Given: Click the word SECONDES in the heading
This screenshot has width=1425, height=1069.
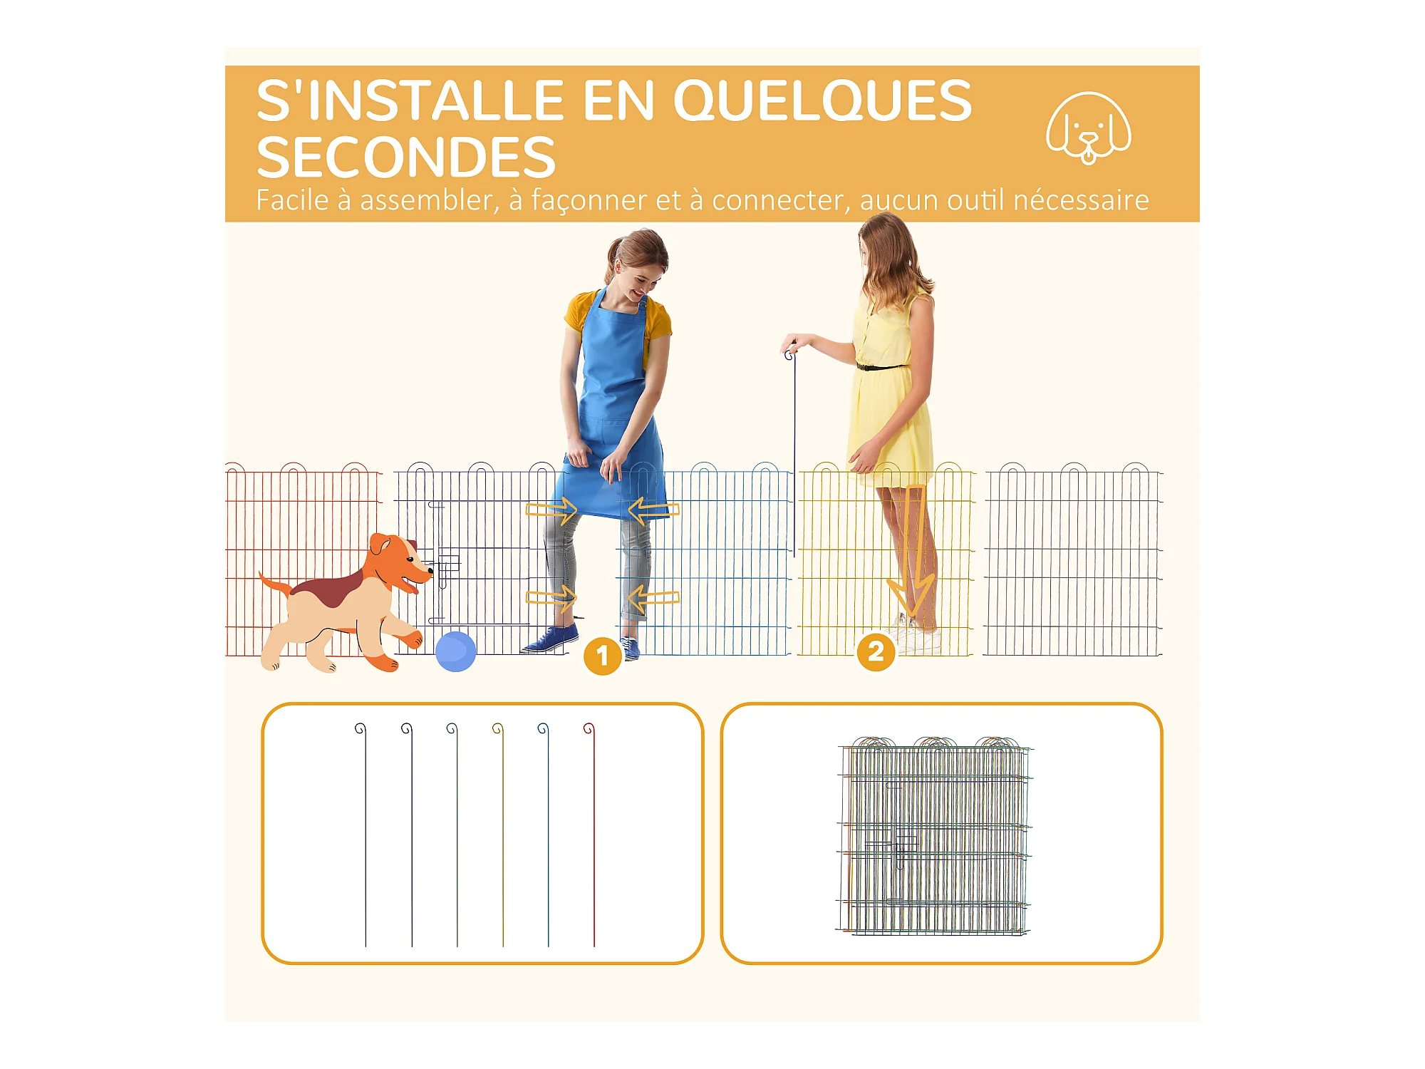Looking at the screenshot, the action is tap(405, 157).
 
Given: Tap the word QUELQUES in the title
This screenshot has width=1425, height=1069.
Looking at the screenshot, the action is tap(823, 100).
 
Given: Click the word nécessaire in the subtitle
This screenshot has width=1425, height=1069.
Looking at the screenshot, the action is tap(1081, 200).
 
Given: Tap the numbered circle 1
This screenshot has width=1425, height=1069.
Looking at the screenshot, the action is tap(602, 656).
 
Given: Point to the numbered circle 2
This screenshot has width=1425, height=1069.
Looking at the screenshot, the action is tap(876, 652).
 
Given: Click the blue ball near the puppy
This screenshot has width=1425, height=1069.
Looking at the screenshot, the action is tap(455, 651).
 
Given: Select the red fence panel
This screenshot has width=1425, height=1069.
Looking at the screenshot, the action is tap(304, 559).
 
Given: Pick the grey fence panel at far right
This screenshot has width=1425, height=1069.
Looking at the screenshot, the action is tap(1073, 559).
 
